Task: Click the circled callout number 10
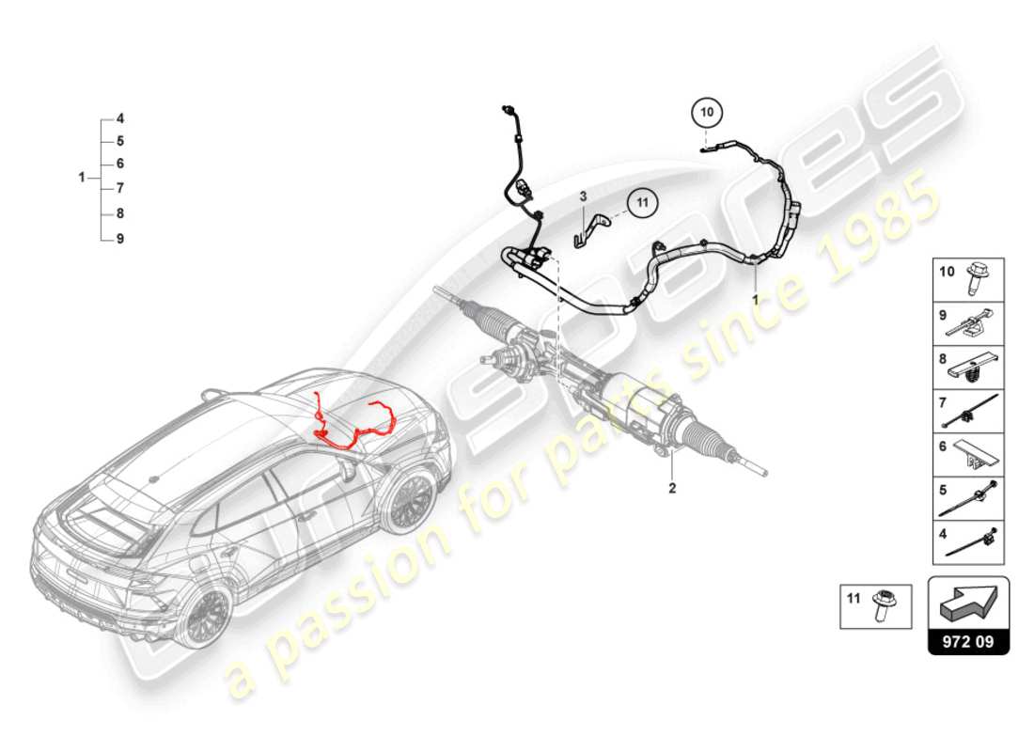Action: [707, 113]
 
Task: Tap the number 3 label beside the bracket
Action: [583, 196]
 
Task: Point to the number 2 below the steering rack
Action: [672, 488]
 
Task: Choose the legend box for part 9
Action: [969, 322]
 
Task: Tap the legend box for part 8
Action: [969, 368]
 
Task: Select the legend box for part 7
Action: [969, 412]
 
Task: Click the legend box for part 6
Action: [969, 456]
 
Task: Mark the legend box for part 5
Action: [969, 499]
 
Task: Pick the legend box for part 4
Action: [969, 542]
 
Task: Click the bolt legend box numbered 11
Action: [878, 605]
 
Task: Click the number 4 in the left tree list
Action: [120, 119]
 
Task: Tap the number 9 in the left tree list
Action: [120, 239]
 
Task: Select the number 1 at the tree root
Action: [83, 177]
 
